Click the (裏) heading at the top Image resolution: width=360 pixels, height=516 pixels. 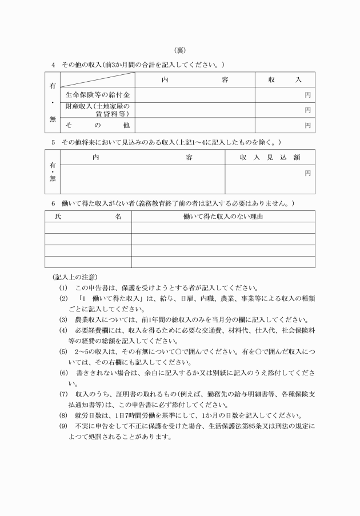(180, 50)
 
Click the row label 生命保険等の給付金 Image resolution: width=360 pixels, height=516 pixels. (98, 94)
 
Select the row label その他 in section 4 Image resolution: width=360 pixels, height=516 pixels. (98, 125)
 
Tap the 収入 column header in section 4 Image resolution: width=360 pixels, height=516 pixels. (285, 80)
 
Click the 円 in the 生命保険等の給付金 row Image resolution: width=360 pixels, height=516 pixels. (307, 94)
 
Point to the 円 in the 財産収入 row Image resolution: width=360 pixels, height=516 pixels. (307, 110)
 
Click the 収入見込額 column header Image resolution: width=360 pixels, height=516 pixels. (270, 157)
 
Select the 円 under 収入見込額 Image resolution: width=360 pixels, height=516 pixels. (307, 172)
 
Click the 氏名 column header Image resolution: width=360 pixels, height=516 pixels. (89, 217)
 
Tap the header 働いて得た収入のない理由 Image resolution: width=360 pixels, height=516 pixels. (223, 217)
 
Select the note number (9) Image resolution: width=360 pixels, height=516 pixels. (63, 426)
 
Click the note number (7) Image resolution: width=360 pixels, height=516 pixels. (63, 394)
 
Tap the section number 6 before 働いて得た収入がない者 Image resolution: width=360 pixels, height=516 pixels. (53, 203)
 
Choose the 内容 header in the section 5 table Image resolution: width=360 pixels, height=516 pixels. (143, 157)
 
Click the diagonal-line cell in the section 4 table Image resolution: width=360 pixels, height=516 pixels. (98, 79)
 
